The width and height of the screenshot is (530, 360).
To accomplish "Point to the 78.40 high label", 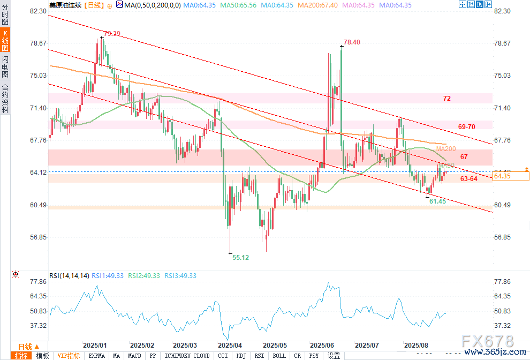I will click(x=352, y=42).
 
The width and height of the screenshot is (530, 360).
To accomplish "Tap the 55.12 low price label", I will click(x=241, y=257).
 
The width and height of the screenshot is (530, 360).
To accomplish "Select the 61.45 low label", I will click(x=437, y=201).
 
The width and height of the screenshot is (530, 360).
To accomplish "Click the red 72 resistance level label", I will click(x=447, y=99).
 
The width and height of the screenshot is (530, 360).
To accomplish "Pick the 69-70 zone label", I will click(x=467, y=126).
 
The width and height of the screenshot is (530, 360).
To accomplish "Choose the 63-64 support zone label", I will click(x=468, y=179).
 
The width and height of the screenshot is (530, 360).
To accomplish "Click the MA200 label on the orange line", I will click(x=446, y=148).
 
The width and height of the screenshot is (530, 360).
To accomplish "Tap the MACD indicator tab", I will click(x=135, y=356).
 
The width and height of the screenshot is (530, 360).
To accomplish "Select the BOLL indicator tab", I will click(x=279, y=356).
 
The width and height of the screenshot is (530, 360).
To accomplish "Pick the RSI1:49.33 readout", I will click(x=107, y=276).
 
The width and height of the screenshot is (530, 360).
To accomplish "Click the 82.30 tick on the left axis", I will click(x=39, y=11).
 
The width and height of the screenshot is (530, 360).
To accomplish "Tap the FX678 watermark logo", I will click(x=488, y=342).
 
